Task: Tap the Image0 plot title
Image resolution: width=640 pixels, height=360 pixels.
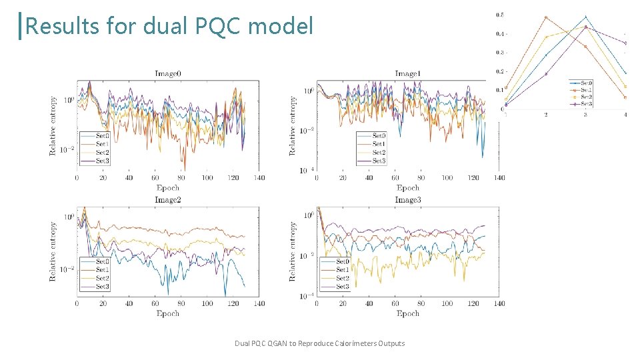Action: point(167,73)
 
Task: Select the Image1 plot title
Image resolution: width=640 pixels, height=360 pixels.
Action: point(407,73)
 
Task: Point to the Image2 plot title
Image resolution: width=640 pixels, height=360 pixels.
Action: point(167,199)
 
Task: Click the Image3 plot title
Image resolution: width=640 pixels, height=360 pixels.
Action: point(407,199)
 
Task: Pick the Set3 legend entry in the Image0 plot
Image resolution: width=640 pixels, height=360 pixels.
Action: point(102,161)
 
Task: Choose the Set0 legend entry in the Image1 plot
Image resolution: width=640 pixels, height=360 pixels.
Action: point(379,135)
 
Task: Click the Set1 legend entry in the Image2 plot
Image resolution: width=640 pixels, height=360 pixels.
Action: point(102,270)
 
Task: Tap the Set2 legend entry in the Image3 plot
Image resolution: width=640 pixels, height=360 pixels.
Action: point(343,278)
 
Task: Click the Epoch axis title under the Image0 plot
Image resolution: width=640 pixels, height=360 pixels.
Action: point(167,187)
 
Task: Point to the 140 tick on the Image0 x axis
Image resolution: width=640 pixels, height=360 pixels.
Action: point(259,178)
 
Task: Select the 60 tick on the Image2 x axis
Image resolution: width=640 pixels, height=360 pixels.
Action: point(155,303)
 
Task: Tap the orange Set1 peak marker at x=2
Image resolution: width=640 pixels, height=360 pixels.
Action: point(546,17)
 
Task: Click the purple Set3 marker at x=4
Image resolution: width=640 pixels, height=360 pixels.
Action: point(625,43)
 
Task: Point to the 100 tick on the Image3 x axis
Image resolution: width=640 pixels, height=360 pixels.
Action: point(447,303)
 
